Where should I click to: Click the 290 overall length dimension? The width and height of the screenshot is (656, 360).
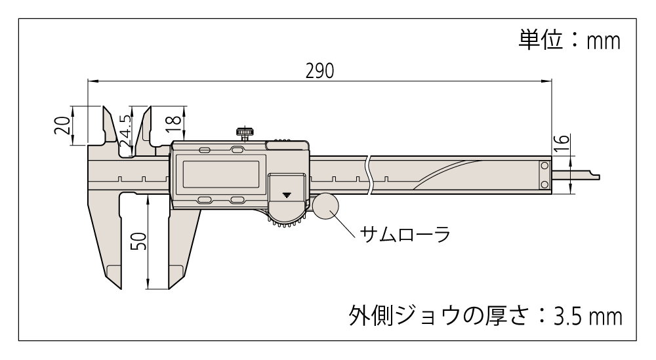coord(319,70)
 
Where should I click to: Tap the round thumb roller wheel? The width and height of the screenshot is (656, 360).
coord(327,207)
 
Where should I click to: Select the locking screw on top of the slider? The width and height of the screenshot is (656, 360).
coord(245,133)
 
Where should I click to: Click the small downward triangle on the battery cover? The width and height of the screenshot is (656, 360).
coord(287,195)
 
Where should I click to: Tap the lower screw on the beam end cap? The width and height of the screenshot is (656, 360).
coord(544,184)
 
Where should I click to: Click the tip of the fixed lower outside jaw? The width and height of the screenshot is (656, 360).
coord(113,281)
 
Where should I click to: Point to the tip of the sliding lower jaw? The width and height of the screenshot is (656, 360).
coord(176,281)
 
